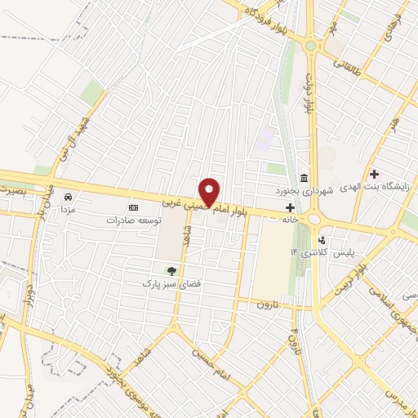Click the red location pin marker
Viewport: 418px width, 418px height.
click(x=210, y=192)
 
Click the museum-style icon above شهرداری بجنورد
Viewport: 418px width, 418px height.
click(x=304, y=178)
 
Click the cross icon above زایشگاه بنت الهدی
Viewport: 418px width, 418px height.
click(x=375, y=174)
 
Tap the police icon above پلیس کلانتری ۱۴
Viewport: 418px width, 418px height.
click(x=322, y=241)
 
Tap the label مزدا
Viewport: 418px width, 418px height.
click(x=68, y=209)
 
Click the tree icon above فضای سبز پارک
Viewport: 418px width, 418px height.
click(x=171, y=270)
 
